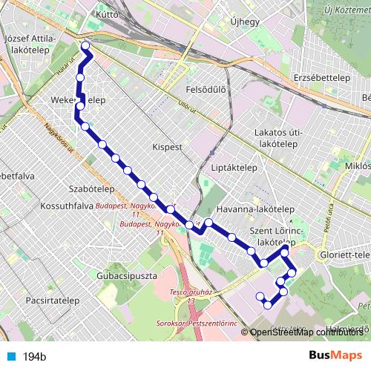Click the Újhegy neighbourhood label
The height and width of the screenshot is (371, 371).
(x=245, y=22)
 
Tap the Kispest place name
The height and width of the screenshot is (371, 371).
(x=166, y=147)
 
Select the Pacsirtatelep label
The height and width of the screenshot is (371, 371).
(x=52, y=301)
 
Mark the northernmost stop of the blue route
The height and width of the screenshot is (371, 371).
(x=85, y=47)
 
